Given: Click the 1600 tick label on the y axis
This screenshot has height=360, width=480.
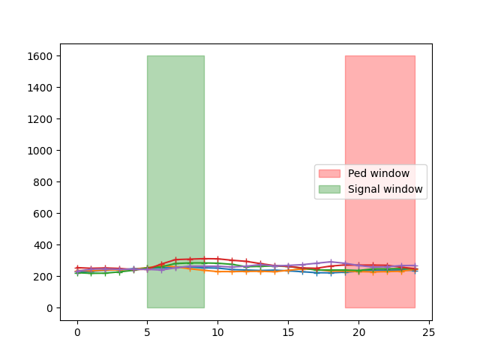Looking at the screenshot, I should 42,56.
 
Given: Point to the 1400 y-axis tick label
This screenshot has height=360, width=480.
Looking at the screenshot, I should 42,88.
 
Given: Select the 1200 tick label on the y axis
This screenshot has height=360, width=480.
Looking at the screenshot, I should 42,119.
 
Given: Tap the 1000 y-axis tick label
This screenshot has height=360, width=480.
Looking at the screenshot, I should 42,151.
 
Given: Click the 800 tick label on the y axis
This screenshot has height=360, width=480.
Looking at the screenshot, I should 45,182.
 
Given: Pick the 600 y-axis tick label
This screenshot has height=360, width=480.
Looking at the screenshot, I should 45,214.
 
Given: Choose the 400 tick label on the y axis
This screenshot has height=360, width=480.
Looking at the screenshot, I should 45,245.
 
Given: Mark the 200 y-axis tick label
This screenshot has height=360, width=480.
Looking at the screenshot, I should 45,277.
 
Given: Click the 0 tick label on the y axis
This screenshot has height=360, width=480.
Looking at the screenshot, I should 50,308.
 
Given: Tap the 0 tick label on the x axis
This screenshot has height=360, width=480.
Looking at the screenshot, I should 76,331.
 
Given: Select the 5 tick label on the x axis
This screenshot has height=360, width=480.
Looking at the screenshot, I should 147,331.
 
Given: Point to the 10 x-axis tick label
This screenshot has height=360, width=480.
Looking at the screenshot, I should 217,331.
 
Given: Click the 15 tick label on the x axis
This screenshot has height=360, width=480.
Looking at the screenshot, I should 288,331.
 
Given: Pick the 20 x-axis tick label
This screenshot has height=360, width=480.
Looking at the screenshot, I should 358,331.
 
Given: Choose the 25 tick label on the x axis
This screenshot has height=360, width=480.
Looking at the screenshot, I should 429,331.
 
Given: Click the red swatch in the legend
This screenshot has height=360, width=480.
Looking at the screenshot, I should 329,173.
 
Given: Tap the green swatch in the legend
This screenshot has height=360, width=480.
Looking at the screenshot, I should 329,189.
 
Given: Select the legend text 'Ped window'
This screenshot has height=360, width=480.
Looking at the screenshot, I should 379,173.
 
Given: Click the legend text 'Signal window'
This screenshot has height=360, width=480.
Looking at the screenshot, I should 385,189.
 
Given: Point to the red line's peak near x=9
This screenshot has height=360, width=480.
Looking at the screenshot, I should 203,259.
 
